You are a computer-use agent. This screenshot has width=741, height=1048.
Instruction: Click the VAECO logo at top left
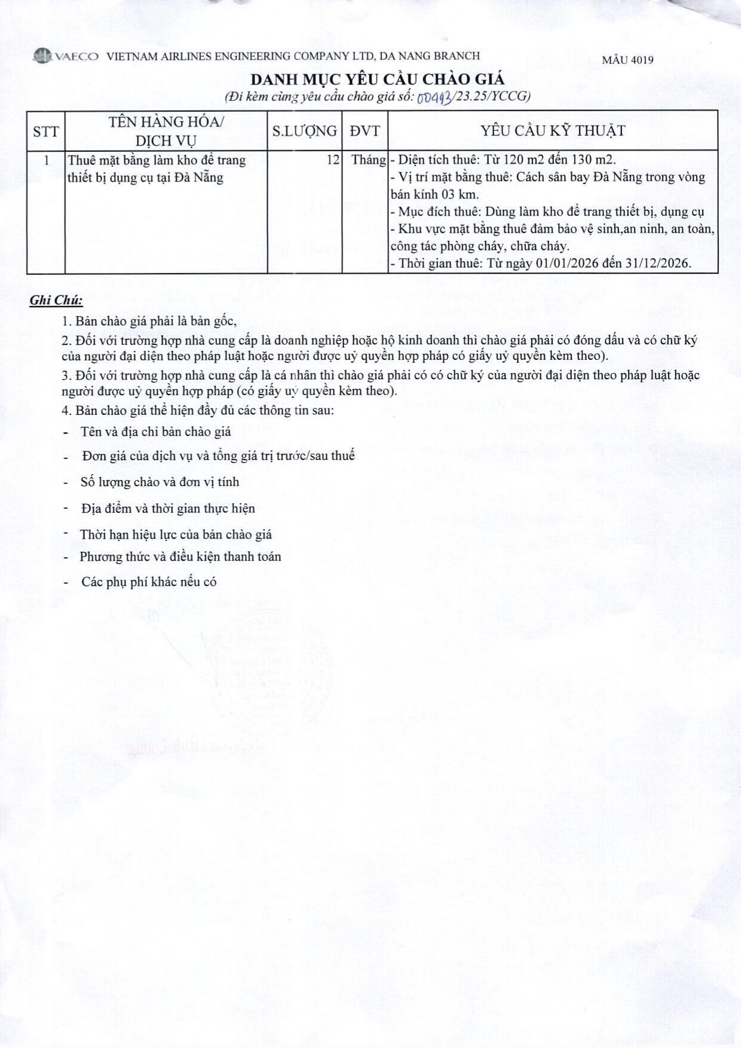point(66,56)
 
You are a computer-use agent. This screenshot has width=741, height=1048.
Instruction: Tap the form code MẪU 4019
point(627,60)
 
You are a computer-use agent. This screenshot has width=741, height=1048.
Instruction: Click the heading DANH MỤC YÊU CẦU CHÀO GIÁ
point(377,79)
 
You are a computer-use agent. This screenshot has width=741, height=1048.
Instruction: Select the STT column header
point(46,131)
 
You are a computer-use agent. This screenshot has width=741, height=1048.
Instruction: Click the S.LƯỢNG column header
point(304,131)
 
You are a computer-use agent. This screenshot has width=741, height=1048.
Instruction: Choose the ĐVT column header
point(365,131)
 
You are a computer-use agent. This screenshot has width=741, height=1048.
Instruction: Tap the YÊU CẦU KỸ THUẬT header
point(553,131)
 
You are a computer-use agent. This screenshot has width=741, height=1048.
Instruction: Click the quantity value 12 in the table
point(333,160)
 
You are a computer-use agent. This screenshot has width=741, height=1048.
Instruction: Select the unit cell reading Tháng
point(368,160)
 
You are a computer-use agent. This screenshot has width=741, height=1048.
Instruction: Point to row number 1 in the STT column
point(46,160)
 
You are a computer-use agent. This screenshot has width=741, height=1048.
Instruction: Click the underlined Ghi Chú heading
point(56,301)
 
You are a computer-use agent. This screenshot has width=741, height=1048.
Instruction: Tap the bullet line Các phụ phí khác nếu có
point(149,582)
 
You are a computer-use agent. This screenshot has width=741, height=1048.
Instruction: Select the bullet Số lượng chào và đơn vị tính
point(160,482)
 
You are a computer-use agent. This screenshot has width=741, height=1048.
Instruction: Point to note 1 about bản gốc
point(149,321)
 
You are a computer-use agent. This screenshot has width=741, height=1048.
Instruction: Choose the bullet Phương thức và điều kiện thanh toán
point(180,557)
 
